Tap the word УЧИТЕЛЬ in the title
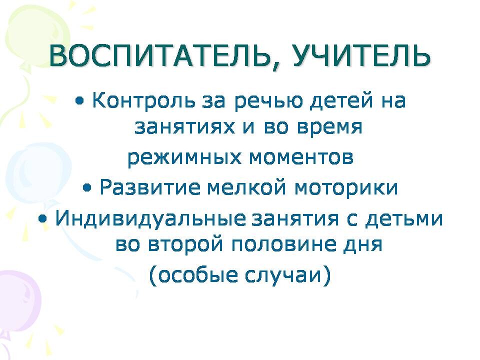[361, 56]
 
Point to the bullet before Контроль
[80, 101]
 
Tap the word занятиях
[185, 127]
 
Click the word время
[329, 127]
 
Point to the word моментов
[301, 157]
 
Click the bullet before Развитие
[87, 187]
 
